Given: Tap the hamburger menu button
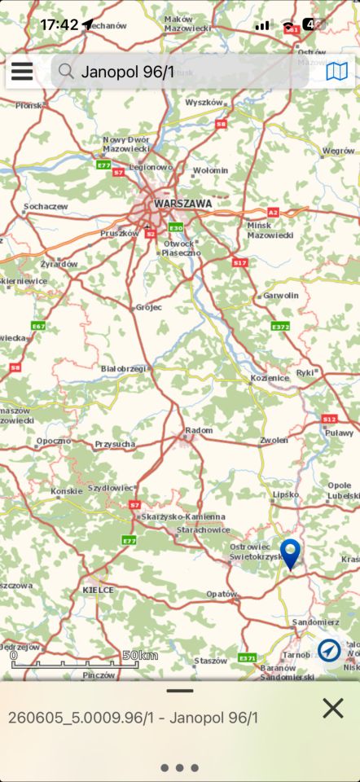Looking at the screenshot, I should click(22, 72).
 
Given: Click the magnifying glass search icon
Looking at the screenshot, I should click(66, 72).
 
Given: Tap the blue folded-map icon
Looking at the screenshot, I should click(336, 72).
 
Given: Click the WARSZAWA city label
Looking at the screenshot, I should click(182, 204).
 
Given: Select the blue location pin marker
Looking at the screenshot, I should click(290, 551).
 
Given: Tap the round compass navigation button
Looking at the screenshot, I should click(330, 650).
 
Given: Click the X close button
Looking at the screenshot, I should click(332, 708).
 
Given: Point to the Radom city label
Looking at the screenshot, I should click(199, 430).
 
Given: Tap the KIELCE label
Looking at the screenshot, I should click(98, 589).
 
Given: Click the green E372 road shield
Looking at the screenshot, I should click(280, 327).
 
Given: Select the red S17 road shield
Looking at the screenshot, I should click(239, 263).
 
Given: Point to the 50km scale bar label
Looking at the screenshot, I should click(140, 656).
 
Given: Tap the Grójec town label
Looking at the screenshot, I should click(148, 307).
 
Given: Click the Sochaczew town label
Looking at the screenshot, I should click(46, 206).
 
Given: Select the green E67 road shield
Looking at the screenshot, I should click(37, 326).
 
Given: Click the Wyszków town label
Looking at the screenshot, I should click(204, 103).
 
